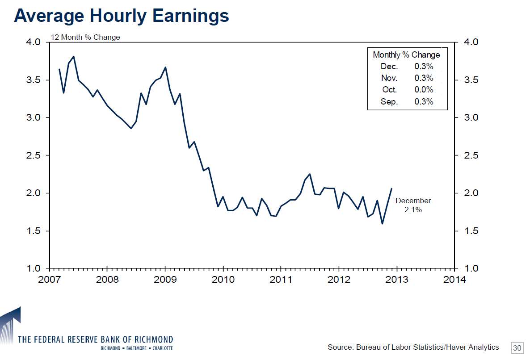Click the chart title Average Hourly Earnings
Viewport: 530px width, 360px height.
(122, 16)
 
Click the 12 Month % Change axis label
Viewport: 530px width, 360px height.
(85, 37)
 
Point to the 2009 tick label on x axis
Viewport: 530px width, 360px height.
(165, 280)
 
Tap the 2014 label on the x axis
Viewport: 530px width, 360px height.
(454, 280)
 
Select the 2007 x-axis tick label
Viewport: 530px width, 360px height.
(49, 280)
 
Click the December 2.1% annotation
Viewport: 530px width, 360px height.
(413, 205)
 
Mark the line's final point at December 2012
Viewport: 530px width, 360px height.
(391, 188)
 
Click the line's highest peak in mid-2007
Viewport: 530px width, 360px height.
(73, 57)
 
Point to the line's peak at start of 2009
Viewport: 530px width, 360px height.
(165, 67)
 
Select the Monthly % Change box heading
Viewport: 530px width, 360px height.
(406, 55)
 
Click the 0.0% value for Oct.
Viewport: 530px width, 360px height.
(424, 90)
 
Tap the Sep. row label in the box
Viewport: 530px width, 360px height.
(389, 101)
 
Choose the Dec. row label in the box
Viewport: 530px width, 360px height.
(389, 67)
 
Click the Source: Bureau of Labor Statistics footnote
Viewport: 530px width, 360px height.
(413, 347)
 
